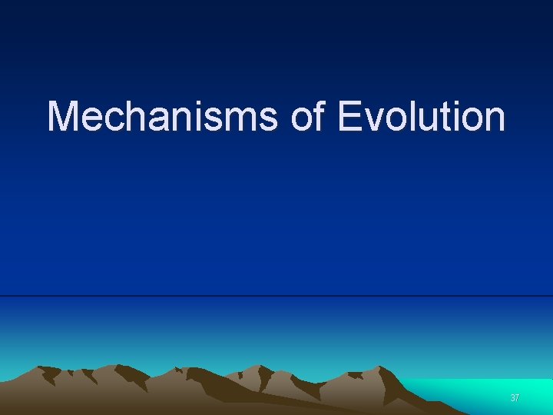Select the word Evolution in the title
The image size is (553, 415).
coord(421,118)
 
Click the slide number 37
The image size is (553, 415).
coord(515,398)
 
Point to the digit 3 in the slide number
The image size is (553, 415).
coord(512,398)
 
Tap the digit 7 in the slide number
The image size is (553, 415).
coord(517,398)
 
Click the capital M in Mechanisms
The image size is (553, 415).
coord(63,118)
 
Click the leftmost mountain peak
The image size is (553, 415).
coord(48,367)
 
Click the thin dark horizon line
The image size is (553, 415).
coord(276,296)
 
